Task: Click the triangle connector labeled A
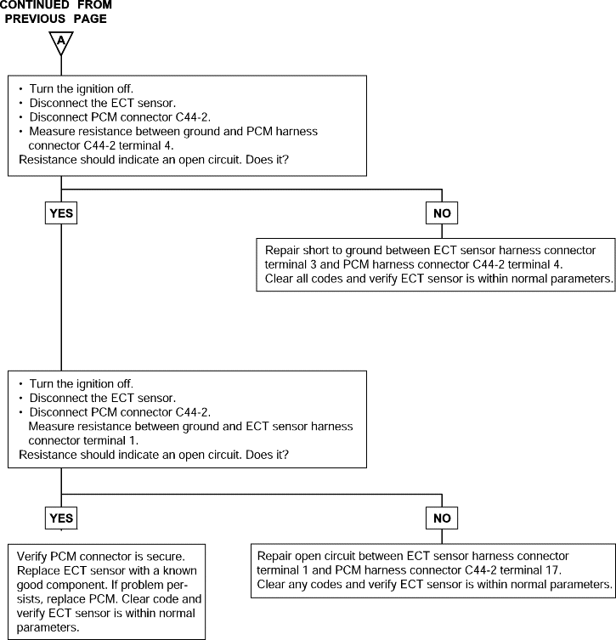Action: click(61, 42)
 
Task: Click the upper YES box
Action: click(61, 213)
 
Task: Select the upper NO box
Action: click(442, 213)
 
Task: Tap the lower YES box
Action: click(61, 518)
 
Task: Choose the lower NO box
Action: click(442, 518)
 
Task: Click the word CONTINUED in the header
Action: click(35, 5)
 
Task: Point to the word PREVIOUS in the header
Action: click(35, 19)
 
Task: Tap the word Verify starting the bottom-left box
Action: click(31, 557)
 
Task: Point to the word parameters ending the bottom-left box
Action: click(47, 628)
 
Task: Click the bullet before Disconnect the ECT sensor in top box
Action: click(20, 103)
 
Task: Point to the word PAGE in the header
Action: click(90, 19)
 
